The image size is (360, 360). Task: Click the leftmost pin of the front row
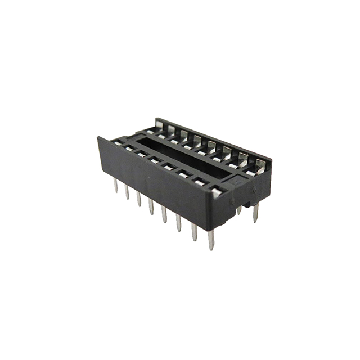click(116, 186)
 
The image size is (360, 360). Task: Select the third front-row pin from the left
click(139, 199)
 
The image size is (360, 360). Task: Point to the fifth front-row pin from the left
click(164, 214)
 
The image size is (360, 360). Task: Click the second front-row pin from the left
click(127, 192)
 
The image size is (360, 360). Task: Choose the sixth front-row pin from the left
click(179, 222)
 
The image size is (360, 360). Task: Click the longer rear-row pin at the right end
click(256, 213)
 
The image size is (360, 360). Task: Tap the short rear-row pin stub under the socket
click(239, 210)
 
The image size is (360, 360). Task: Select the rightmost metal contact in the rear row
click(260, 165)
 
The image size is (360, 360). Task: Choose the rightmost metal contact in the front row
click(216, 193)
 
